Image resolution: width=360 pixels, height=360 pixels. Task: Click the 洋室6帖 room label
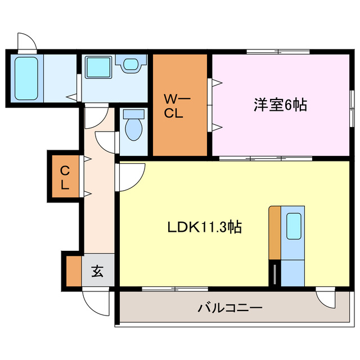pyautogui.click(x=280, y=105)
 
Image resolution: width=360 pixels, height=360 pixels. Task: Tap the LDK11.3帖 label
pyautogui.click(x=205, y=227)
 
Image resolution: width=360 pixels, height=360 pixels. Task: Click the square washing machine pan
pyautogui.click(x=99, y=68)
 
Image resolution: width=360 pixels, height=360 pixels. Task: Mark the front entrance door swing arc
pyautogui.click(x=92, y=304)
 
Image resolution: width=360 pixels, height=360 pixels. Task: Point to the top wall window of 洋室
pyautogui.click(x=278, y=52)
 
